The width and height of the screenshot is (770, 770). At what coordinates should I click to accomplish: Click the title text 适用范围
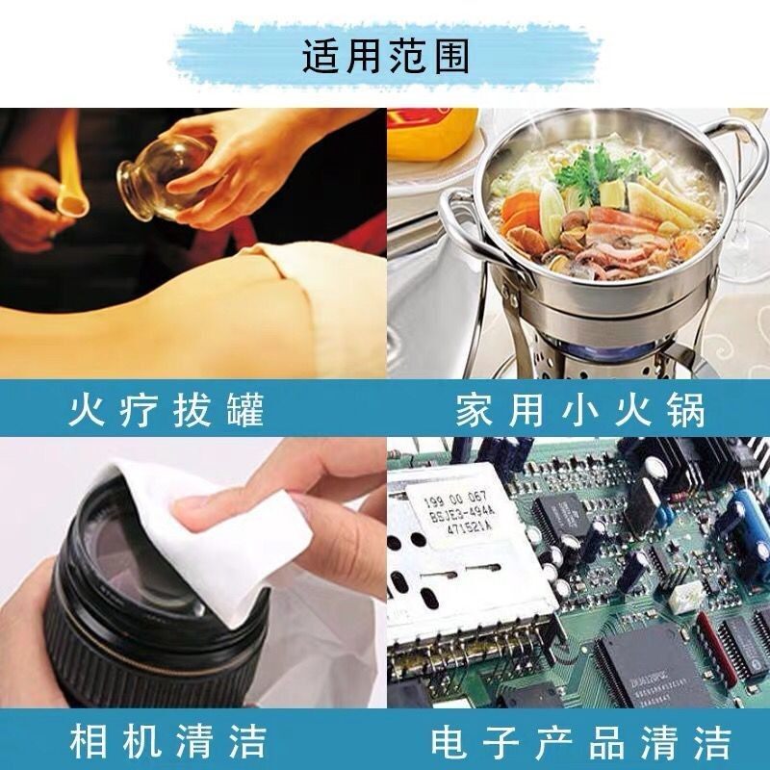385,57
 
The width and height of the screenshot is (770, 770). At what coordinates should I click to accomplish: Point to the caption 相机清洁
167,743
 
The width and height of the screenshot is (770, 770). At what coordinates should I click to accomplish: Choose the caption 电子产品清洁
580,743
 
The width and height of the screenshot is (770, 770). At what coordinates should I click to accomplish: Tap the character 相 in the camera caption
89,743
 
